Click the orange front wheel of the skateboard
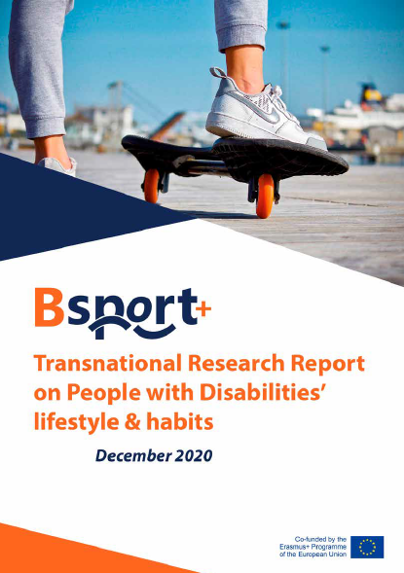coord(265,196)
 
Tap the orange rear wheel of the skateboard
coord(151,186)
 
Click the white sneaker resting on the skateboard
coord(264,109)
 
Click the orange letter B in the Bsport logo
coord(49,307)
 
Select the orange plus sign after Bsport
coord(203,309)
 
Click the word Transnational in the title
coord(108,364)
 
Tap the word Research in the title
coord(237,364)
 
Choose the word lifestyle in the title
coord(76,423)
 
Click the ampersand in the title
coord(132,423)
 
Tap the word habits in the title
coord(180,422)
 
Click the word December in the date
coord(133,455)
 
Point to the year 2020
coord(194,455)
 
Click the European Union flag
coord(367,547)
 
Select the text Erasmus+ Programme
coord(312,547)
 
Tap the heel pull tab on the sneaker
coord(217,72)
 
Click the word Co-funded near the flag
coord(311,539)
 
